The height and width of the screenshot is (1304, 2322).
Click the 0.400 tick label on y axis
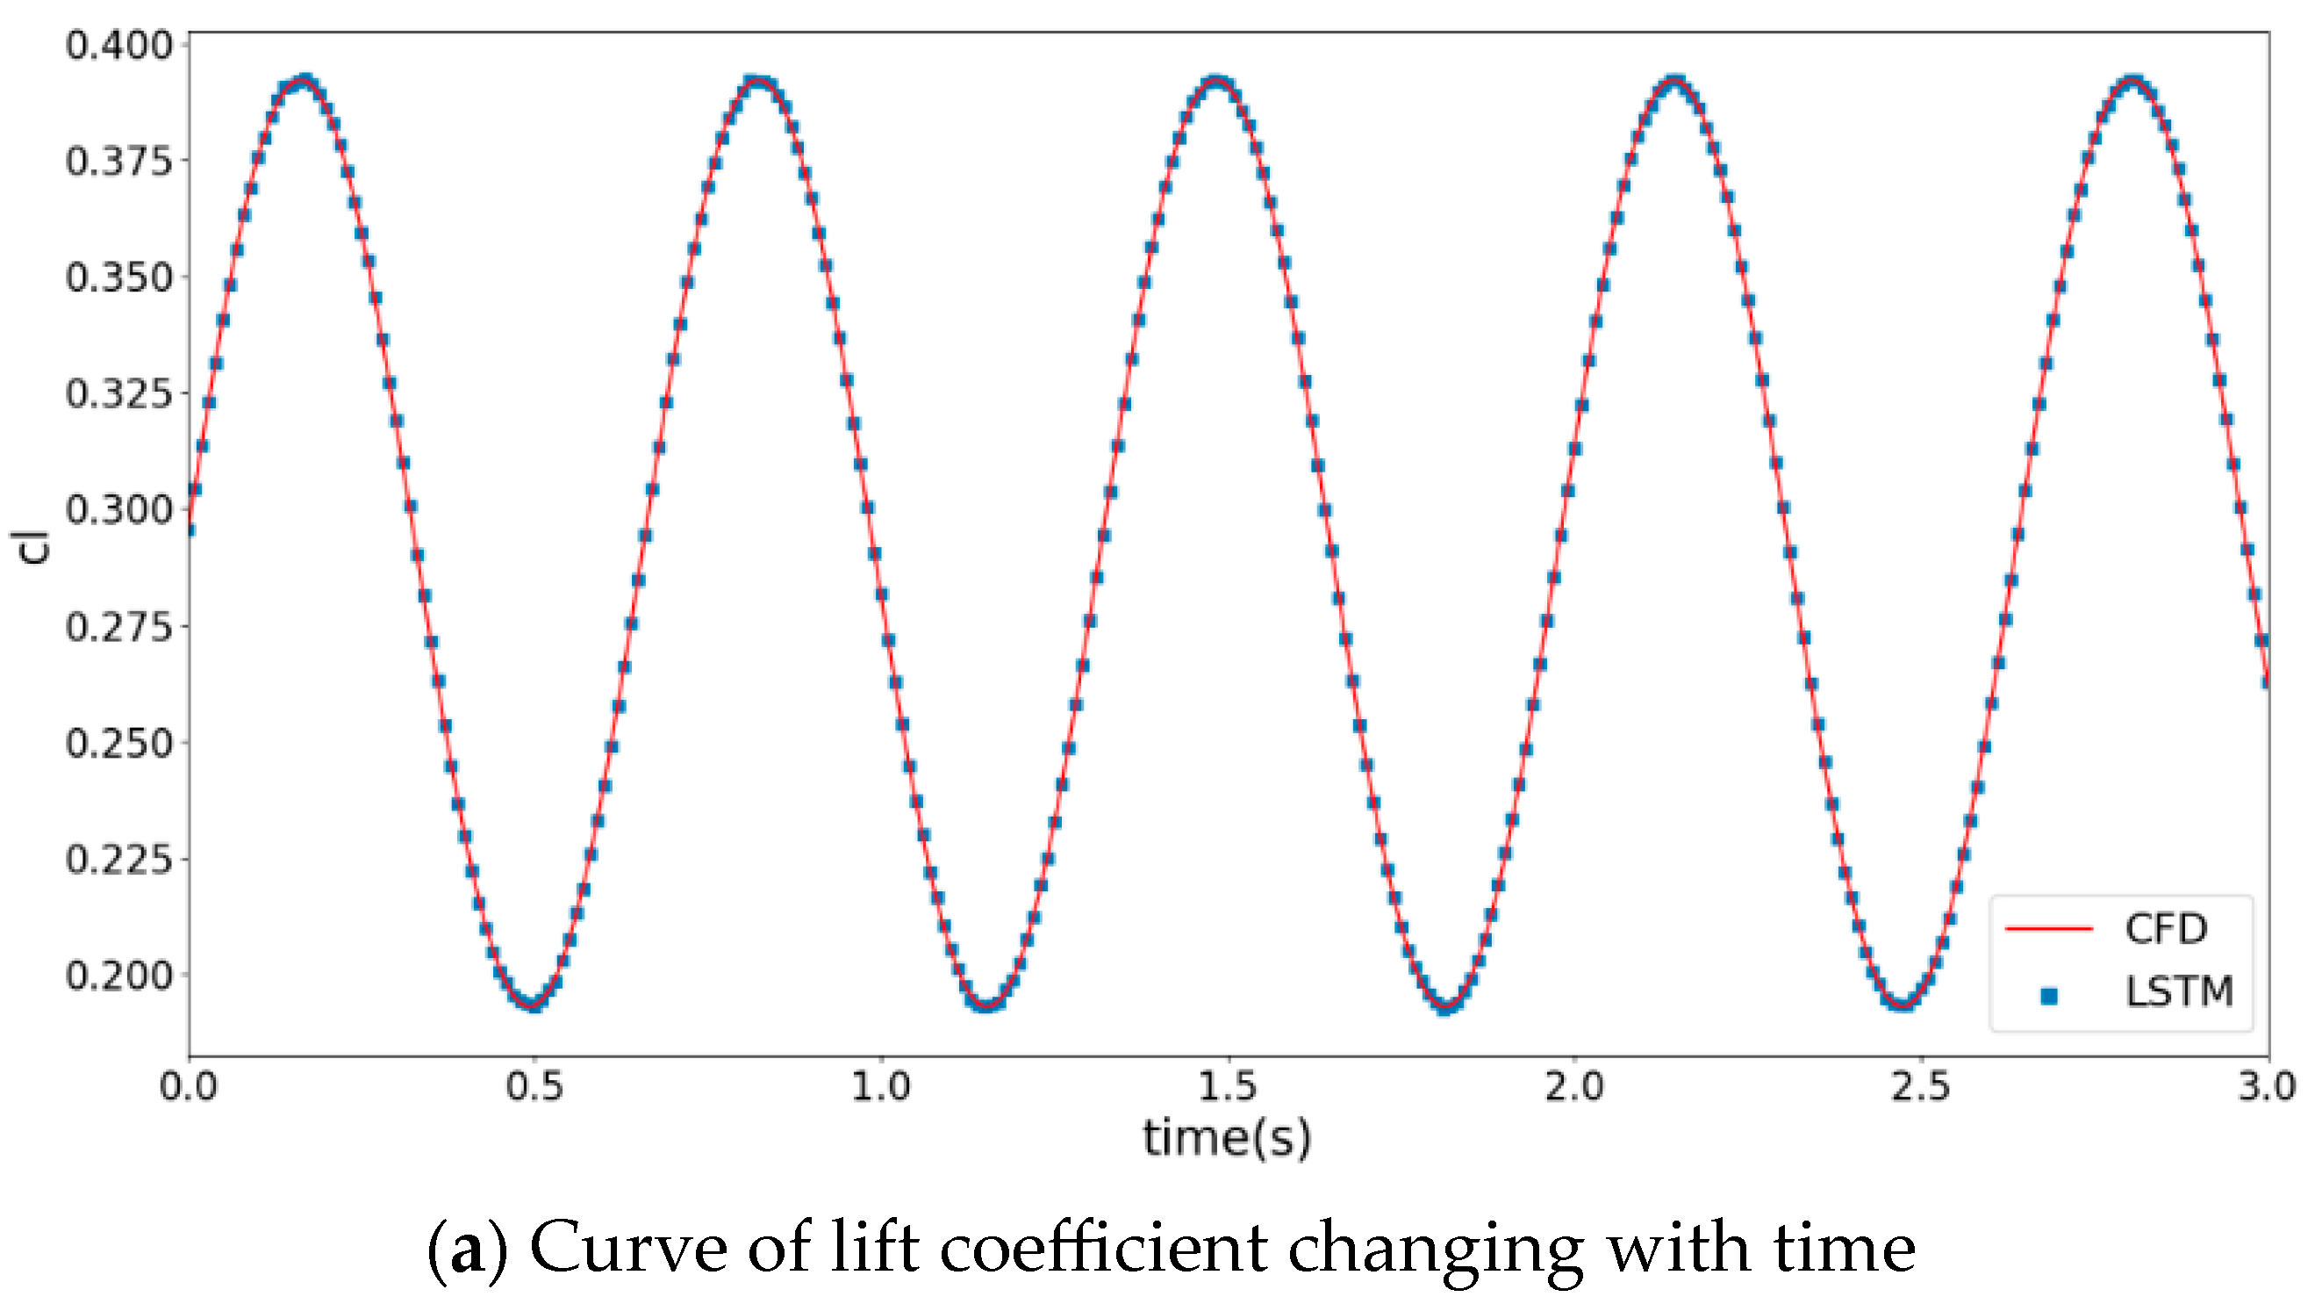click(118, 45)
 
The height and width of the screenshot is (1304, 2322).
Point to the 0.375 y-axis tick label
click(118, 162)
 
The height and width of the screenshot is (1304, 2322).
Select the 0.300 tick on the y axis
click(118, 510)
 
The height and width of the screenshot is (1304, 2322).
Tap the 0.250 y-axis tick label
click(118, 743)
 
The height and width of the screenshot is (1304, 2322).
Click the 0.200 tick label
click(118, 976)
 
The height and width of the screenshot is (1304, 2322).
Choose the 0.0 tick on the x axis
click(189, 1087)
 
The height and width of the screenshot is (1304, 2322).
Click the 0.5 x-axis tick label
click(534, 1087)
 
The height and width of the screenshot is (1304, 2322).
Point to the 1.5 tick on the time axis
click(1227, 1087)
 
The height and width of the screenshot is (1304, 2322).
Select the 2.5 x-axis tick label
click(1920, 1087)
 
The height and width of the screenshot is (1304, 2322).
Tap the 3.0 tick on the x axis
click(2266, 1087)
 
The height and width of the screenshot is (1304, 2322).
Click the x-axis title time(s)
click(1227, 1137)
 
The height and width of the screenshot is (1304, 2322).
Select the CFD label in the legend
click(2165, 929)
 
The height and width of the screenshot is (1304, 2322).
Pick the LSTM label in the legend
click(2179, 992)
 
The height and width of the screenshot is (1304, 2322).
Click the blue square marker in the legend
click(2049, 996)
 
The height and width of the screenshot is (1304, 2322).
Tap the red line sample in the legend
click(2048, 928)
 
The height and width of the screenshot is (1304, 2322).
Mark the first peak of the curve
click(304, 82)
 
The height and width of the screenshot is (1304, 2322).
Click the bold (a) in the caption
click(466, 1248)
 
